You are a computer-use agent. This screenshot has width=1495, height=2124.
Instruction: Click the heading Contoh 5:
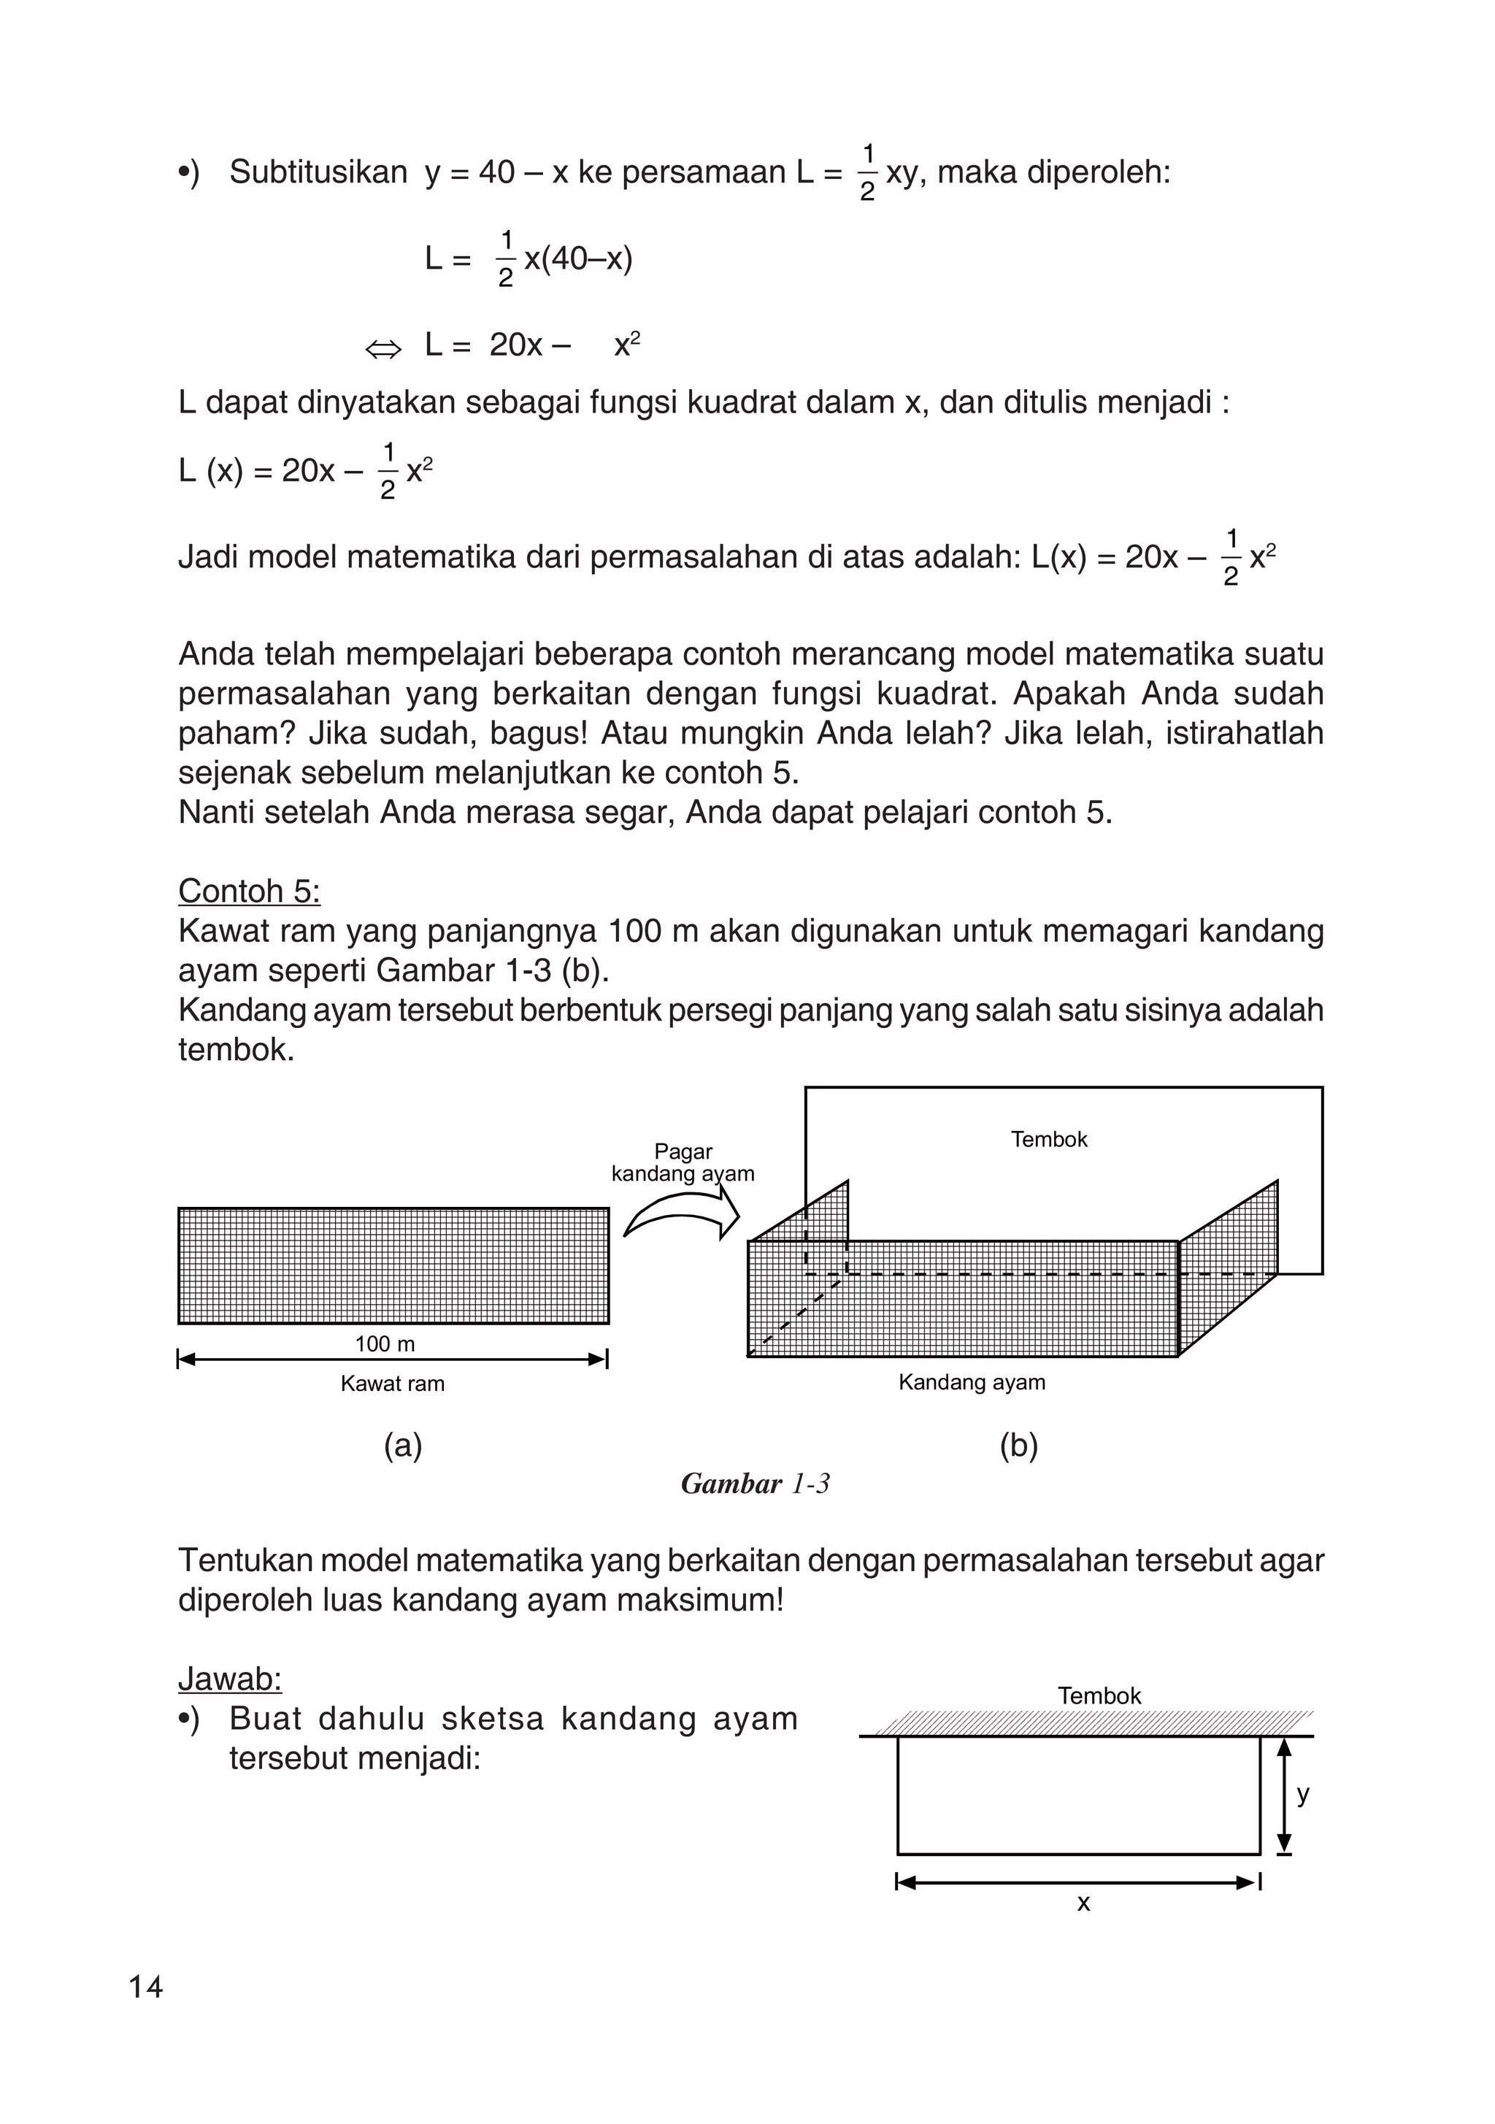pos(249,891)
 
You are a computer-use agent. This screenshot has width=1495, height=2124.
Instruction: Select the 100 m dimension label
pos(385,1344)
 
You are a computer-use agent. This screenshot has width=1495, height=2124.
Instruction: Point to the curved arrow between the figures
pos(682,1214)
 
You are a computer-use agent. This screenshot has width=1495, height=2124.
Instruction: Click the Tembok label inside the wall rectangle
pos(1048,1139)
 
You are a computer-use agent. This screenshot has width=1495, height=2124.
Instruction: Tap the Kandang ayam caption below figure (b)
pos(972,1382)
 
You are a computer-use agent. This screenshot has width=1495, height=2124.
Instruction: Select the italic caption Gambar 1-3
pos(755,1484)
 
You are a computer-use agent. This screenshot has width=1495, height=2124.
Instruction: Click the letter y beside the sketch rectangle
pos(1302,1794)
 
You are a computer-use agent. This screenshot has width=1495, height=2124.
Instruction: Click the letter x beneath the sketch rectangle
pos(1083,1903)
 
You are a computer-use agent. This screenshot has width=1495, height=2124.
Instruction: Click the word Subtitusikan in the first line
pos(318,172)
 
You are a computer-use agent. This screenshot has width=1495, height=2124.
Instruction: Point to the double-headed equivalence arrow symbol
pos(383,349)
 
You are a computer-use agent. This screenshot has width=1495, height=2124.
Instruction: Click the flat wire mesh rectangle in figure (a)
pos(393,1265)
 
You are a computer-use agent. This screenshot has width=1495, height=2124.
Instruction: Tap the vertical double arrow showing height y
pos(1283,1796)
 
